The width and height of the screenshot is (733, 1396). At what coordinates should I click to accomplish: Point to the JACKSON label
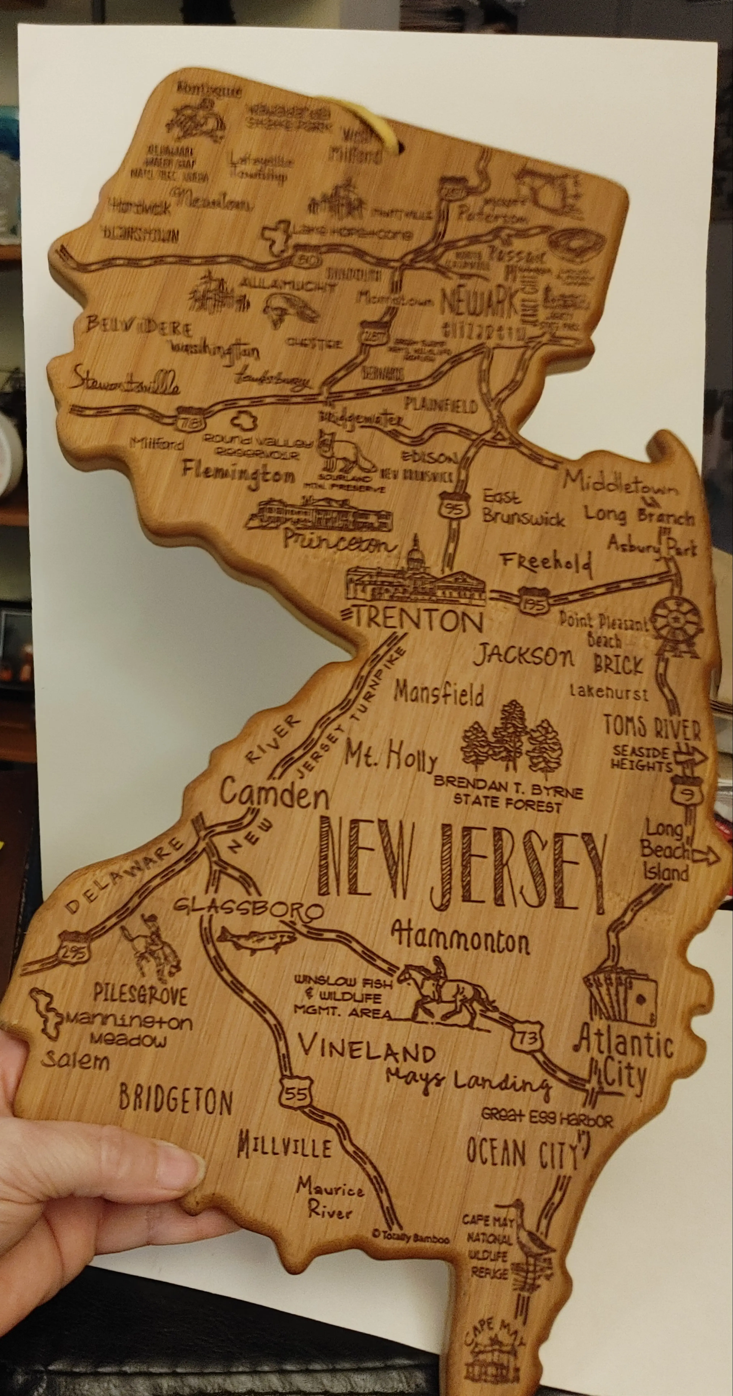(x=523, y=657)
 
